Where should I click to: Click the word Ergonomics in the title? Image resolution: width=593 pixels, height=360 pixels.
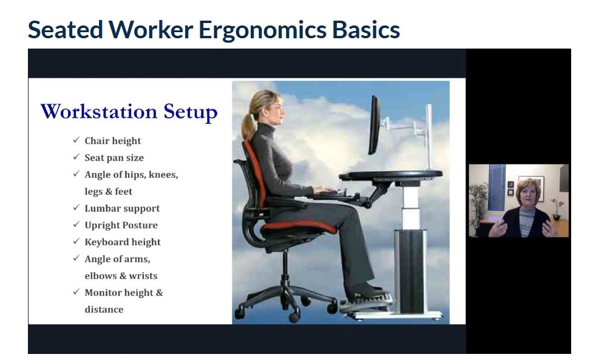pos(262,30)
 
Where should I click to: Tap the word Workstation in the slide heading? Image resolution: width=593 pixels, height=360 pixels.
pos(99,112)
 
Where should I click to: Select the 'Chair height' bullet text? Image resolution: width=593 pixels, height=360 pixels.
pos(113,141)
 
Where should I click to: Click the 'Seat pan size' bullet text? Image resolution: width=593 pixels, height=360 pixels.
pos(114,158)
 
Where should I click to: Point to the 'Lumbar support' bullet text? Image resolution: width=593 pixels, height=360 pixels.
pos(122,208)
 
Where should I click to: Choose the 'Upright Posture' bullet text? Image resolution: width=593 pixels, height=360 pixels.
pos(121,225)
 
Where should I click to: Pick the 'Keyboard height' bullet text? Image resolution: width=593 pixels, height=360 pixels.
pos(123,242)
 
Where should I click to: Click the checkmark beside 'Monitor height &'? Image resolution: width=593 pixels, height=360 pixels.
pos(76,291)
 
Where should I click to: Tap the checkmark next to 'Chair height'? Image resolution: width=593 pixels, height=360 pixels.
pos(76,140)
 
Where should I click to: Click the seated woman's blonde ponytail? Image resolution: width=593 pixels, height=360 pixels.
pos(248,125)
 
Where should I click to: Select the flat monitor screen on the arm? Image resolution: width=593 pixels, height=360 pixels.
pos(374,125)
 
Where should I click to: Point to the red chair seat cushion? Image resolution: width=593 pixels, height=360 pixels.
pos(299,226)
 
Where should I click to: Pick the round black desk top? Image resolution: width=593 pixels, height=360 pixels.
pos(391,175)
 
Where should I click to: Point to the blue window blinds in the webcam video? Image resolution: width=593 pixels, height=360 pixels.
pos(496,188)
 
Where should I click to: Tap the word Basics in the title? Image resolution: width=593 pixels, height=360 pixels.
pos(366,30)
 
